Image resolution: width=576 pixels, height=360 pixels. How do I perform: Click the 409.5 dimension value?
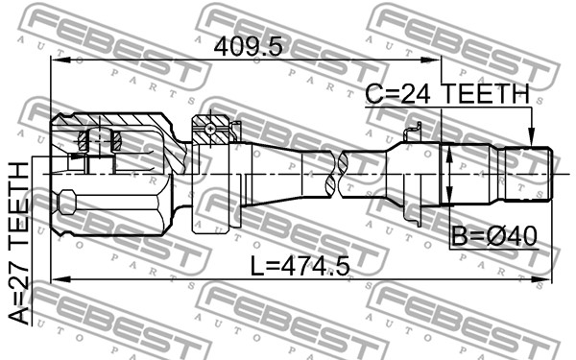(x=249, y=47)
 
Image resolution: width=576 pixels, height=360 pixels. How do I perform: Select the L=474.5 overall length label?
(x=300, y=266)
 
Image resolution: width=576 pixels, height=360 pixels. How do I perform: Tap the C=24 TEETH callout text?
(x=447, y=93)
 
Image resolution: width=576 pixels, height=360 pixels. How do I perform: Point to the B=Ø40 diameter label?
(x=494, y=236)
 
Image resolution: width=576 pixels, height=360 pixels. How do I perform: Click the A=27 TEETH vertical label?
(x=18, y=243)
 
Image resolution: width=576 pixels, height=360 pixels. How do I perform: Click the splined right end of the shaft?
(x=528, y=174)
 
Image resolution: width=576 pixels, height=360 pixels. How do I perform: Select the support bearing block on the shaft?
(x=211, y=174)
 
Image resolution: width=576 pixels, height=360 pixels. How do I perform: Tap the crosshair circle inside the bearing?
(x=210, y=129)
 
